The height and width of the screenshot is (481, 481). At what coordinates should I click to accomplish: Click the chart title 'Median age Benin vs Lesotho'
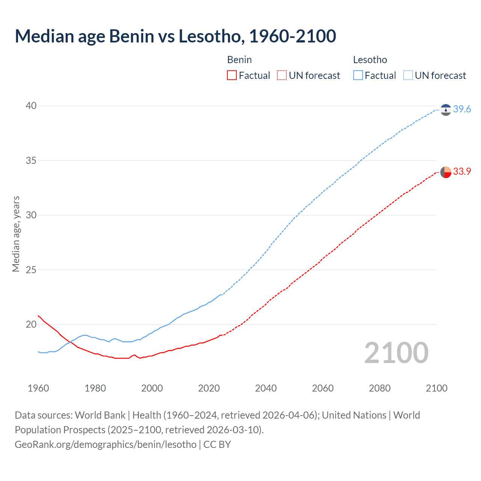[175, 36]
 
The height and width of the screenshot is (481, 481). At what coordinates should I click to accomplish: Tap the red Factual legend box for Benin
[232, 76]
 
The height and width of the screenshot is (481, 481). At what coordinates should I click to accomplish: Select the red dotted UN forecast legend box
[282, 76]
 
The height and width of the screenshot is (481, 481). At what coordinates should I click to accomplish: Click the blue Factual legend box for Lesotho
[358, 76]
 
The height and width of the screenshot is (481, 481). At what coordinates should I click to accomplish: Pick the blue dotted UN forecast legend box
[408, 76]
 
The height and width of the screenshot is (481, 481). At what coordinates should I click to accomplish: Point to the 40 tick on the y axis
[31, 106]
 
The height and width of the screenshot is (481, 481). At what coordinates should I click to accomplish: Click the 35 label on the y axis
[31, 161]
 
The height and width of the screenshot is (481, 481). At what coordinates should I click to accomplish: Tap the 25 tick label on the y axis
[31, 270]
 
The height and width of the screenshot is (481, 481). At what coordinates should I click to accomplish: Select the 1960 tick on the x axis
[38, 388]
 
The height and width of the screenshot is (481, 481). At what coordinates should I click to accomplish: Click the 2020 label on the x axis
[209, 388]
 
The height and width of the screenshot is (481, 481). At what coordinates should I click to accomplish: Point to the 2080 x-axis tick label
[380, 388]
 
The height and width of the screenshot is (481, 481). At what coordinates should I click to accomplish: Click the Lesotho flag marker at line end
[446, 110]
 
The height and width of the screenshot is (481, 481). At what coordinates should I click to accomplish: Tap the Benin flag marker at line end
[446, 172]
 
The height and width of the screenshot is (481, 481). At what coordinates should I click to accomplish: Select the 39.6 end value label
[462, 109]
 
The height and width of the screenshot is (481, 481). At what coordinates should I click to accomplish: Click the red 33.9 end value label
[462, 172]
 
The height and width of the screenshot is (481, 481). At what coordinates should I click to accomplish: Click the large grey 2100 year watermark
[396, 353]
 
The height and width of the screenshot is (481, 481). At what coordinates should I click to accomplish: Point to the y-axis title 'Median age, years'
[16, 234]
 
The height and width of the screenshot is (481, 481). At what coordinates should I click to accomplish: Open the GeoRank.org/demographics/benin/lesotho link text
[106, 445]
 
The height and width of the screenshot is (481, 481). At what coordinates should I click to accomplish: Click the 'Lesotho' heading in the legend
[370, 60]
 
